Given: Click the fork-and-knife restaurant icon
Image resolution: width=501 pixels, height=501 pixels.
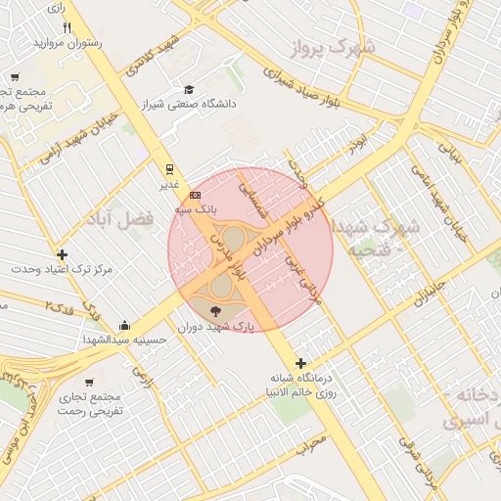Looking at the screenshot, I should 67,26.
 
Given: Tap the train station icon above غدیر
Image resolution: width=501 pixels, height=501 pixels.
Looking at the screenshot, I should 168,168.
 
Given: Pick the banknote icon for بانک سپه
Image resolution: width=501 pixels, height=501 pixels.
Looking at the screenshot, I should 195,194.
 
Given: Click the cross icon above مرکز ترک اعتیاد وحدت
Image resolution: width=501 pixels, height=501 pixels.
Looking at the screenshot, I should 63,254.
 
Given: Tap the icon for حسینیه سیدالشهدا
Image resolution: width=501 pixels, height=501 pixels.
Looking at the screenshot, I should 124,326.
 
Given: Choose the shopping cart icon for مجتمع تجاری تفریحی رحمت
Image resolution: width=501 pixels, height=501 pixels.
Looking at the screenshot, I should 89,383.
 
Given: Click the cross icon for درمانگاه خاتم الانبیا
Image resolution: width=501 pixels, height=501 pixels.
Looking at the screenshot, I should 300,363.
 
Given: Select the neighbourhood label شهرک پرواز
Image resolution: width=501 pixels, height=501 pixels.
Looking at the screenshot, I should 337,46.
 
